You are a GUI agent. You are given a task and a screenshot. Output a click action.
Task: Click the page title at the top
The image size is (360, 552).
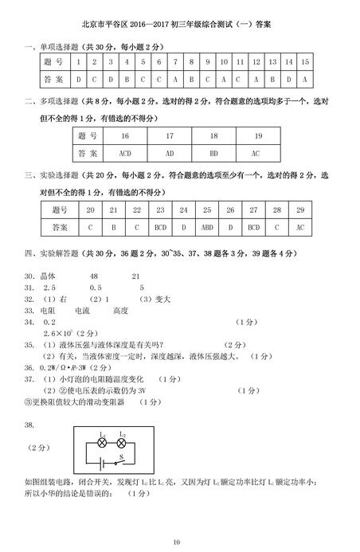pyautogui.click(x=181, y=25)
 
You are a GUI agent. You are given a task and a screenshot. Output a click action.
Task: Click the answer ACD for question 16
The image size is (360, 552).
pyautogui.click(x=124, y=151)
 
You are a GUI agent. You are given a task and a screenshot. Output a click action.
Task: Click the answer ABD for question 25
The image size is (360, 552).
pyautogui.click(x=207, y=227)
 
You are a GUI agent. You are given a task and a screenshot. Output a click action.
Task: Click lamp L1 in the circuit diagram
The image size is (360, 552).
pyautogui.click(x=102, y=440)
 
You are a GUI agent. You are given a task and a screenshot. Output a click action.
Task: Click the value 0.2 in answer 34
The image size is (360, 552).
pyautogui.click(x=49, y=322)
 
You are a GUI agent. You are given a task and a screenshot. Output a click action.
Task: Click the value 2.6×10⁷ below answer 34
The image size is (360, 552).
pyautogui.click(x=56, y=333)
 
